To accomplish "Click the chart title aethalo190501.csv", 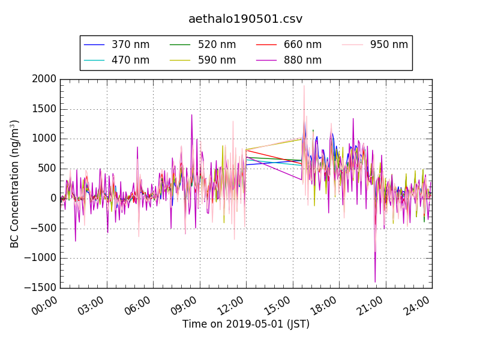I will click(245, 19).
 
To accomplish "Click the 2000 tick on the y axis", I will click(44, 79).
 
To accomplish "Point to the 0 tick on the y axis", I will click(53, 199).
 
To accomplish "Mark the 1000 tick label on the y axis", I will click(44, 139).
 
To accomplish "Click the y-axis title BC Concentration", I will click(15, 184).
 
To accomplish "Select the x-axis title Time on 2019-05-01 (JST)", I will click(245, 324).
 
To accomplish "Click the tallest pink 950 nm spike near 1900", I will click(304, 86).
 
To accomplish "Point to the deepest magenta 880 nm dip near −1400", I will click(375, 281).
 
